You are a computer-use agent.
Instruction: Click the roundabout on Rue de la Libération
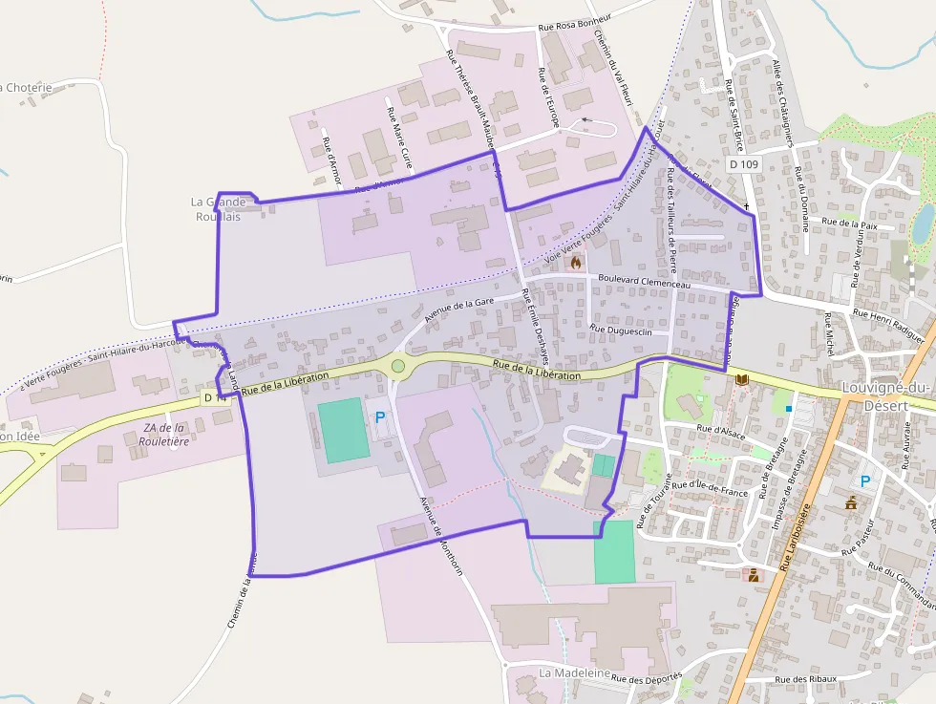tap(398, 365)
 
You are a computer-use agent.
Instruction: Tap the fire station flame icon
tap(575, 260)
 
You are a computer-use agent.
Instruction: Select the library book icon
tap(741, 380)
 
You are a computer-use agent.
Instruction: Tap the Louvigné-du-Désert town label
tap(888, 395)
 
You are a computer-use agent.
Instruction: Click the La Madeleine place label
tap(574, 672)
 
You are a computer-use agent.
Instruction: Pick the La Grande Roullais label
tap(218, 209)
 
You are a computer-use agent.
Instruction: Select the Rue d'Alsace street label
tap(720, 430)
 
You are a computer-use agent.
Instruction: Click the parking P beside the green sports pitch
tap(380, 417)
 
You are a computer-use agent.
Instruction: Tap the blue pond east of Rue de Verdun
tap(923, 224)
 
